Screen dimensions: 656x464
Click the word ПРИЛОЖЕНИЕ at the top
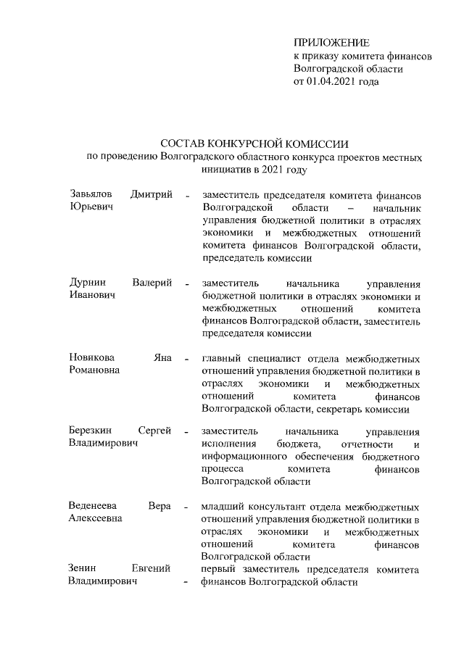tap(331, 43)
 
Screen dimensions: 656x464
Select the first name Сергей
tap(154, 431)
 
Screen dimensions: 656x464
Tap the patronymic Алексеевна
tap(96, 518)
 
